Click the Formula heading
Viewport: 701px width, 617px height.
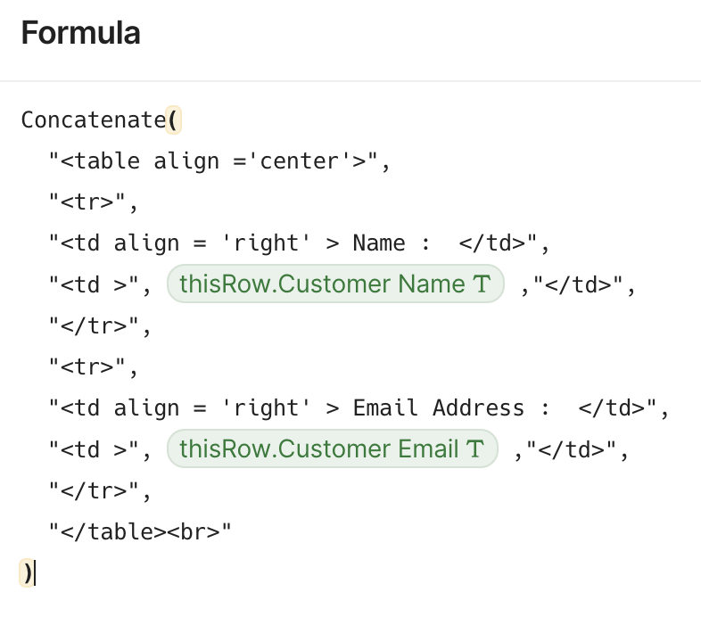80,33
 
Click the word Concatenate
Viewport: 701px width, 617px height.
94,119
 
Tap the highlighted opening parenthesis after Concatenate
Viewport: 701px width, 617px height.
173,119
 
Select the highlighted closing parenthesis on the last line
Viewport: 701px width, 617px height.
27,572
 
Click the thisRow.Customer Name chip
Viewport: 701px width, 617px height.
335,284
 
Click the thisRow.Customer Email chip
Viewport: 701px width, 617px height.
332,448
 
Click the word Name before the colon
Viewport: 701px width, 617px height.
379,243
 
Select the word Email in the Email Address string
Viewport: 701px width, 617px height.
385,408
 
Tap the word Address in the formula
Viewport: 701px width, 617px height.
478,408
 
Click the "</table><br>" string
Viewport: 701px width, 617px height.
140,531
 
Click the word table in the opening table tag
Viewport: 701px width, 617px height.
107,161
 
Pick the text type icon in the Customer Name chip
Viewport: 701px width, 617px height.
482,284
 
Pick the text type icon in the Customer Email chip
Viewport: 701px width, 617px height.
475,448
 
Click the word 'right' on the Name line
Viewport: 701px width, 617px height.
266,243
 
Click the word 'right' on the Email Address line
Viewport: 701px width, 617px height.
266,408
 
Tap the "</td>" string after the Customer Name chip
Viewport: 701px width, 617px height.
578,284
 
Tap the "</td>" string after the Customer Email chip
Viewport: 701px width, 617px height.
572,449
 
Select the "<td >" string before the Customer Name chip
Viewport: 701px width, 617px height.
94,284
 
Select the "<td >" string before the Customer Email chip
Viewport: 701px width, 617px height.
94,449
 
